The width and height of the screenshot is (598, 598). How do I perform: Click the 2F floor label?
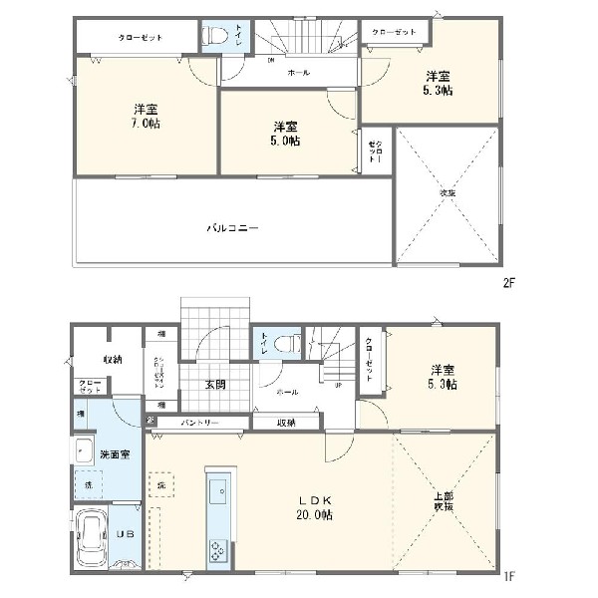click(x=507, y=282)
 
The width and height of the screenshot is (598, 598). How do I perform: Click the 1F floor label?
click(x=507, y=576)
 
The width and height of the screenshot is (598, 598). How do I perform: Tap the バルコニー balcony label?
click(x=232, y=227)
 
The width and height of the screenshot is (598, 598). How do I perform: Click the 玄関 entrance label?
click(x=215, y=385)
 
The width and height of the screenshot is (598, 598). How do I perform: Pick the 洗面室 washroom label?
click(x=116, y=453)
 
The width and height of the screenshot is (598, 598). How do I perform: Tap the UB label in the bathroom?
click(x=125, y=534)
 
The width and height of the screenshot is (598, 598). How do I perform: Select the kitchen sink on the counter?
click(x=218, y=489)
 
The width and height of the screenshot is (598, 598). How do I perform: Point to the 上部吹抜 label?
click(x=443, y=501)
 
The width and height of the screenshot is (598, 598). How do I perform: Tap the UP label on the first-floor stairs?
click(x=338, y=386)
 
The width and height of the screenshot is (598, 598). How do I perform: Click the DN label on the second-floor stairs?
click(x=272, y=59)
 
